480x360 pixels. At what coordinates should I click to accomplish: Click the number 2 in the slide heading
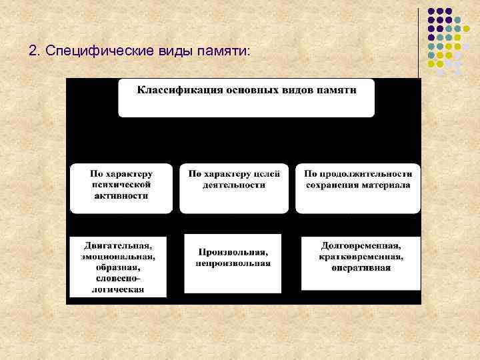pyautogui.click(x=33, y=51)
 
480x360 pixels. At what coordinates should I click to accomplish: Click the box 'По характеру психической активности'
pyautogui.click(x=121, y=187)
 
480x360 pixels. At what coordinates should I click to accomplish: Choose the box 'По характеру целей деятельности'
pyautogui.click(x=234, y=187)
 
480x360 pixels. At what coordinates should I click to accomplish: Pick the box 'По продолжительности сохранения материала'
pyautogui.click(x=358, y=187)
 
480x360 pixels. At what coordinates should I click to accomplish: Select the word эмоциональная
pyautogui.click(x=119, y=255)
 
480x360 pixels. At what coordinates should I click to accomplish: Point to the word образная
pyautogui.click(x=120, y=267)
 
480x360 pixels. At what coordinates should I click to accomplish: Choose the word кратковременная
pyautogui.click(x=361, y=256)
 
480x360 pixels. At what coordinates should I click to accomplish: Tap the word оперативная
pyautogui.click(x=361, y=267)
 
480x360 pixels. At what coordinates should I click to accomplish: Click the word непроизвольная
pyautogui.click(x=233, y=263)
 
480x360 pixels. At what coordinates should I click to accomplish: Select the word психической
pyautogui.click(x=121, y=184)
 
